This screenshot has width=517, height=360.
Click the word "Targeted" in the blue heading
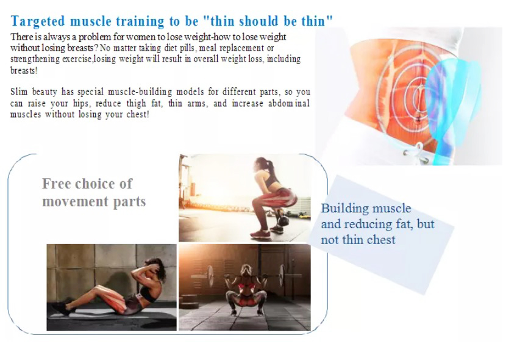(x=38, y=22)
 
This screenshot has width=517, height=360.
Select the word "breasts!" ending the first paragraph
(x=24, y=70)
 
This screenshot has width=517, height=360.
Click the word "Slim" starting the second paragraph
(x=19, y=92)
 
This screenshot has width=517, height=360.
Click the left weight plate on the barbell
(x=210, y=276)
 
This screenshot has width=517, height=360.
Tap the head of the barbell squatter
(x=246, y=270)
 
